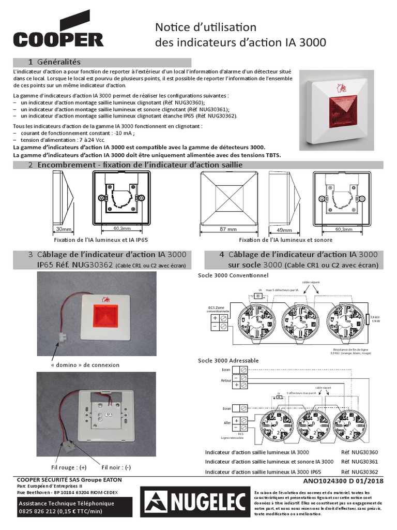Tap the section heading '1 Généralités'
point(58,62)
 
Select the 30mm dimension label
point(64,228)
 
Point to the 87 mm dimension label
point(228,229)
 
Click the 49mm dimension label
point(284,229)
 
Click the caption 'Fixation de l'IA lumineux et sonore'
point(285,240)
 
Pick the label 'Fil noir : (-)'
point(116,467)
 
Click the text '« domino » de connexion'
point(85,365)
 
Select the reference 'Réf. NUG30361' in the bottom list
point(359,462)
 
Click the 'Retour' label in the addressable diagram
point(226,380)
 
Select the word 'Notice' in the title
point(173,27)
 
